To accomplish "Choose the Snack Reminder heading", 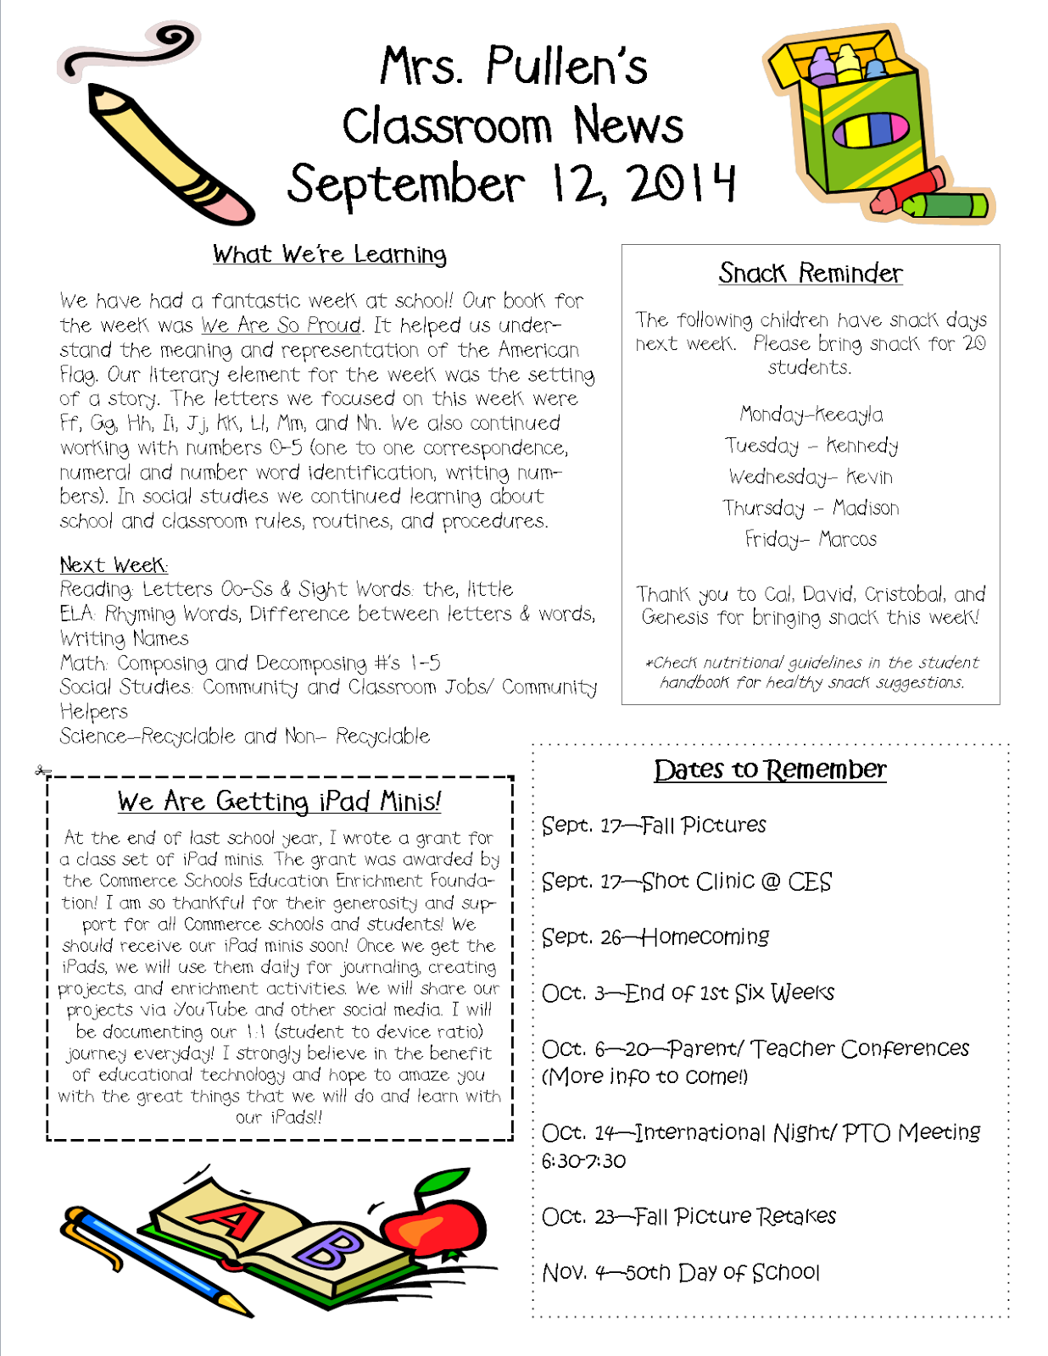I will (x=810, y=273).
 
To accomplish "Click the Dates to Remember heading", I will (x=770, y=770).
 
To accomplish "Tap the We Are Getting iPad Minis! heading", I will (x=279, y=801).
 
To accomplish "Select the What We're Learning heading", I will (x=330, y=254).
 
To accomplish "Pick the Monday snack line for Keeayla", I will (x=811, y=414).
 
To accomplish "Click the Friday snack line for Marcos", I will (x=811, y=539).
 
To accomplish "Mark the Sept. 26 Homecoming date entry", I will (x=655, y=936).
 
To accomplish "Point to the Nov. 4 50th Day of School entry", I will (x=681, y=1272).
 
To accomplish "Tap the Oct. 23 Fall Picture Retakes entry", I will (x=688, y=1216).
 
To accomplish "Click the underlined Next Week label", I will (x=114, y=565).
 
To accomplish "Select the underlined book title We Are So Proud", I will (x=282, y=325).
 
